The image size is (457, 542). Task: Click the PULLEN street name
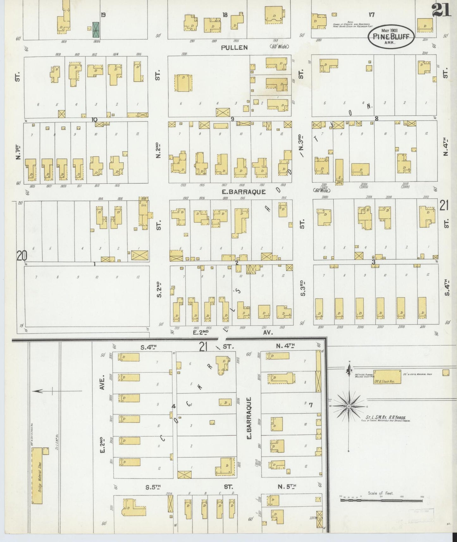click(234, 47)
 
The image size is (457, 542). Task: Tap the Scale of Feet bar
click(381, 500)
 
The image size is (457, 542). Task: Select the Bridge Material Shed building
click(37, 473)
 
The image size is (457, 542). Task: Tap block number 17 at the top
click(371, 14)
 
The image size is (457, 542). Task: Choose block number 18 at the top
click(225, 15)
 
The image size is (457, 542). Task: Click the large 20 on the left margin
click(22, 256)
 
